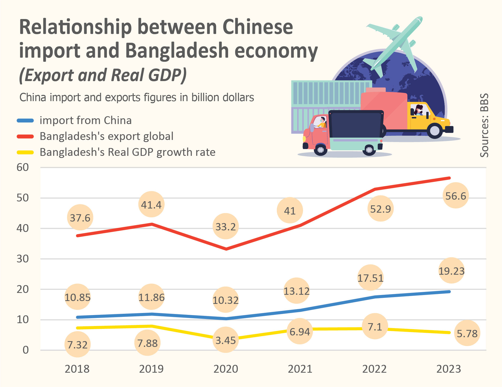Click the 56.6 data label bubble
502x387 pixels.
point(455,196)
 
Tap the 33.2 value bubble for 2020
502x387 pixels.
point(226,226)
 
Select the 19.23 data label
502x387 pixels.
point(451,271)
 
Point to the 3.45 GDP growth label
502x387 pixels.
point(226,340)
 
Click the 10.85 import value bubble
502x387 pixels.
point(78,297)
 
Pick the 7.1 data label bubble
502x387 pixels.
point(375,327)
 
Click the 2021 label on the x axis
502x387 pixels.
point(300,369)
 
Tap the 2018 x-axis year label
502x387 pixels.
point(77,369)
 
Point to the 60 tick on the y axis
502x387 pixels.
point(23,167)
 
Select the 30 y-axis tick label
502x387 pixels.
point(23,259)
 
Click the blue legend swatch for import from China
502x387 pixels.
point(25,121)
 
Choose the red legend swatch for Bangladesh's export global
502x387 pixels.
point(25,137)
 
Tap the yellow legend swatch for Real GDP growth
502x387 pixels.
point(25,152)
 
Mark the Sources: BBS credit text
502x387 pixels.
point(484,125)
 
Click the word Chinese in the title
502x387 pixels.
point(258,27)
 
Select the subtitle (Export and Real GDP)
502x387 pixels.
point(103,75)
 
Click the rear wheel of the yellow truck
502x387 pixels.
point(435,130)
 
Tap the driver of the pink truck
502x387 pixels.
point(322,122)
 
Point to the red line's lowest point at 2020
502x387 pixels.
point(226,249)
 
